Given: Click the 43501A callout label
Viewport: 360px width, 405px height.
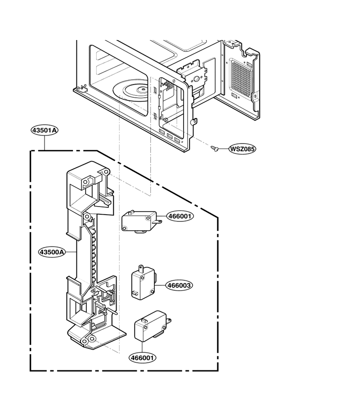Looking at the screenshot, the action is pos(45,130).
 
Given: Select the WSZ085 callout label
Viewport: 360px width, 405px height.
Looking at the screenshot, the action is pos(242,149).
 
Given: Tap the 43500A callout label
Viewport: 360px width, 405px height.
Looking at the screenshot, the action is pos(52,252).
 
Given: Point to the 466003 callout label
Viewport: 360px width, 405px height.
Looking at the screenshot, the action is pos(179,285).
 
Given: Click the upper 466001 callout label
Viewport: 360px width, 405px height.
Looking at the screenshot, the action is pos(180,216).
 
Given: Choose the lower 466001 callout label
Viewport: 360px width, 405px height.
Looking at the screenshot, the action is pos(143,358).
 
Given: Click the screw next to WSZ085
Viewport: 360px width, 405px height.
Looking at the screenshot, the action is pos(214,148).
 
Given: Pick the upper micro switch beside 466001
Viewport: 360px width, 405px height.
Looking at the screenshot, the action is pos(141,221).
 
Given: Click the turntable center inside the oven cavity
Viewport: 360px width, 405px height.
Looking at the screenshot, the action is pos(142,90).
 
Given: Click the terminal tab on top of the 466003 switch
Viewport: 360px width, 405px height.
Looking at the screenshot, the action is pos(141,268).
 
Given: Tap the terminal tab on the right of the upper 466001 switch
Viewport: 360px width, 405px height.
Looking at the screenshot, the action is pos(158,221).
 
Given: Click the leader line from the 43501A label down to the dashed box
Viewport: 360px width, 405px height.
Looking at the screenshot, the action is pos(45,143).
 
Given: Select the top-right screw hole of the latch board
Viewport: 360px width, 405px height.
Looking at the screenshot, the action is pos(105,172).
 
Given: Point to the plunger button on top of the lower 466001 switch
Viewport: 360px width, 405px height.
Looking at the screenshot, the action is pos(144,321).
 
